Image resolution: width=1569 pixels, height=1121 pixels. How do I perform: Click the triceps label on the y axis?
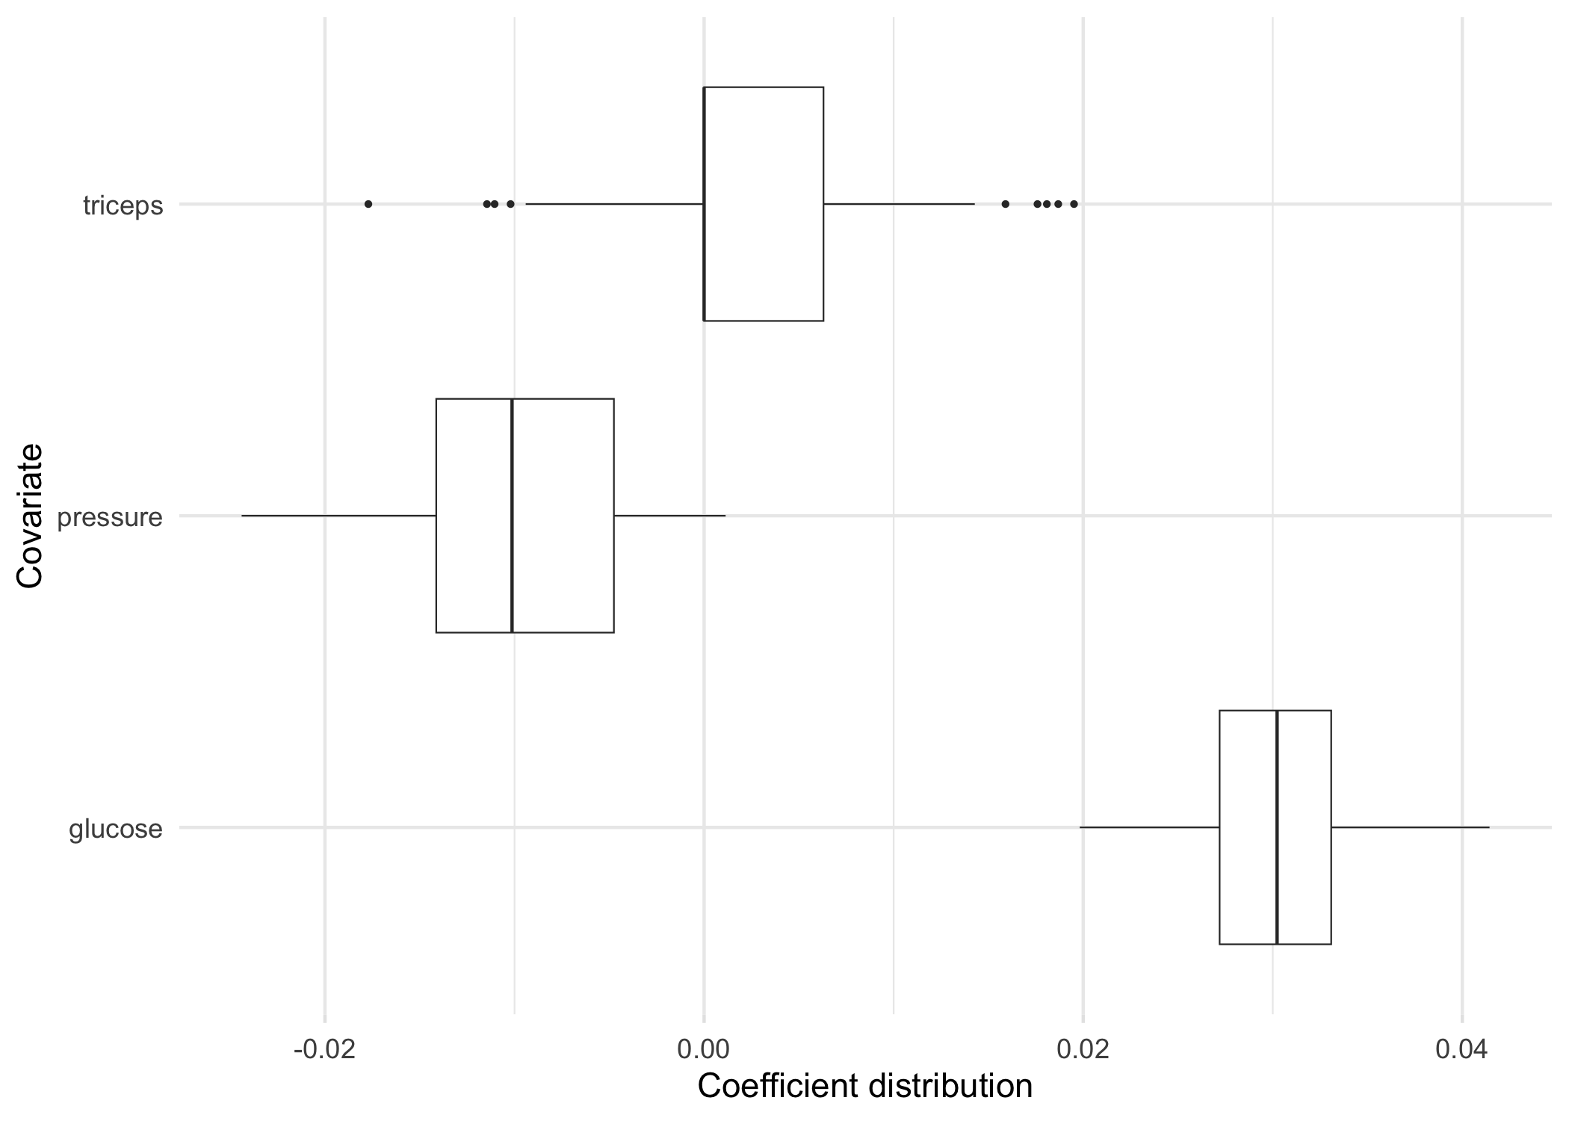(x=123, y=206)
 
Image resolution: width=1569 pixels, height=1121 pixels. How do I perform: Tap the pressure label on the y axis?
(x=110, y=517)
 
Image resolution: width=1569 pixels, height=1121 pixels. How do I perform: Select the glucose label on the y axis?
(x=115, y=829)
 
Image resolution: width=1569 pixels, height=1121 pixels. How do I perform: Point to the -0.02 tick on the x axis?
(x=324, y=1050)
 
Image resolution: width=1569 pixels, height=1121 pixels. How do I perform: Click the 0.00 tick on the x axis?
(x=704, y=1050)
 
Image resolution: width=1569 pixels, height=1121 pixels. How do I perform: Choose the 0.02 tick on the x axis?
(x=1083, y=1050)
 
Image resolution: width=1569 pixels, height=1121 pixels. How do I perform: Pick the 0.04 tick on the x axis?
(x=1461, y=1050)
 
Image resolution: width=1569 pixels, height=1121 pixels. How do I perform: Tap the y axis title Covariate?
(x=30, y=516)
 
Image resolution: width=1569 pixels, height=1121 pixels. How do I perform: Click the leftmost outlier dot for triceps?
(x=368, y=204)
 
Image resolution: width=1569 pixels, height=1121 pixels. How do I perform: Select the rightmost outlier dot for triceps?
(x=1074, y=204)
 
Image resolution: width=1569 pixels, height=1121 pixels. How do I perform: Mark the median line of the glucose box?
(x=1277, y=827)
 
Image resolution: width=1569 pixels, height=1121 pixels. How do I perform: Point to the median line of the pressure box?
(x=512, y=516)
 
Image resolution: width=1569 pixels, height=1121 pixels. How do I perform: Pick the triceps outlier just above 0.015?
(x=1005, y=204)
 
